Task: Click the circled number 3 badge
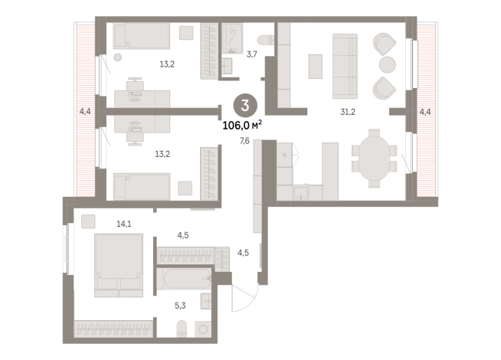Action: (245, 106)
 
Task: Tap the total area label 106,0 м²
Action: (242, 125)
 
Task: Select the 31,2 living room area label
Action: (348, 112)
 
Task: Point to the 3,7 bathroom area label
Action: (252, 54)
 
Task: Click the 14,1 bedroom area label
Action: (123, 224)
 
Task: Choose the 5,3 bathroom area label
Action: (180, 306)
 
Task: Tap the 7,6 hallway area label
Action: (244, 141)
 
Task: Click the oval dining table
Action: (374, 159)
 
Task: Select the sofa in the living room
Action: (345, 66)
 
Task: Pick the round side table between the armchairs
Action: (388, 65)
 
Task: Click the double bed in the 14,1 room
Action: (119, 265)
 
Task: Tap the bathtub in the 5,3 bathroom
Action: (184, 279)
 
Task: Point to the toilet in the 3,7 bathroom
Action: (266, 40)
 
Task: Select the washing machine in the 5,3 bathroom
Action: (203, 329)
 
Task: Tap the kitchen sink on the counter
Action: (300, 193)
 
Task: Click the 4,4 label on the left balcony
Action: (85, 112)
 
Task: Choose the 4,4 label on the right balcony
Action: (425, 112)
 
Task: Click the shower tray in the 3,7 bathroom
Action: (232, 38)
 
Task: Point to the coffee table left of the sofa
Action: (316, 67)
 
